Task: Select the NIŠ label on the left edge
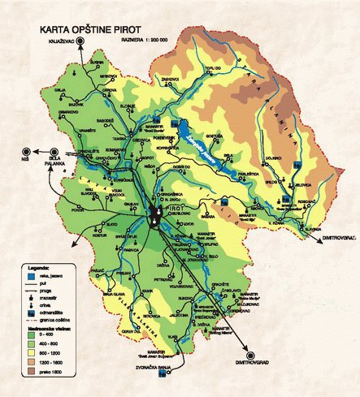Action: pos(25,160)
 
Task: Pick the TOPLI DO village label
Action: pos(213,69)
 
